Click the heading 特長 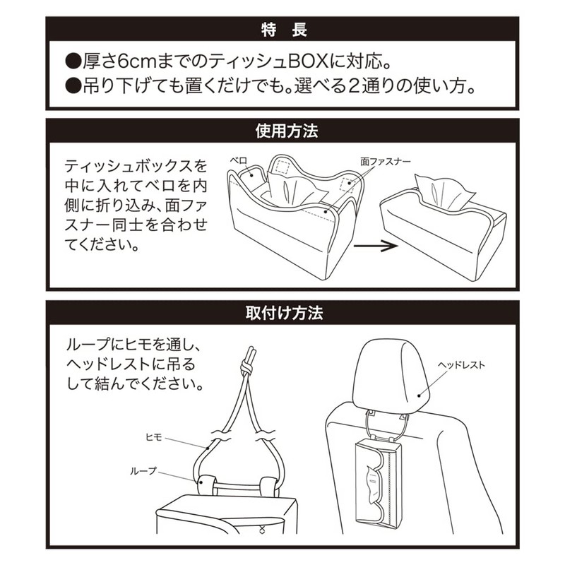coord(284,30)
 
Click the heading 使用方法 coord(287,131)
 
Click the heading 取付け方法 coord(284,313)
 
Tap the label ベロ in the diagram coord(238,160)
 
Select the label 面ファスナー coord(385,162)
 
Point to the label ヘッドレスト coord(461,365)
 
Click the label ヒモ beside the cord coord(153,437)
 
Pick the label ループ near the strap coord(143,471)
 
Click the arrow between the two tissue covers coord(376,246)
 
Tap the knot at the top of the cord coord(247,367)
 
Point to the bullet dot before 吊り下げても coord(73,87)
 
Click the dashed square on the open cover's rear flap coord(282,167)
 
